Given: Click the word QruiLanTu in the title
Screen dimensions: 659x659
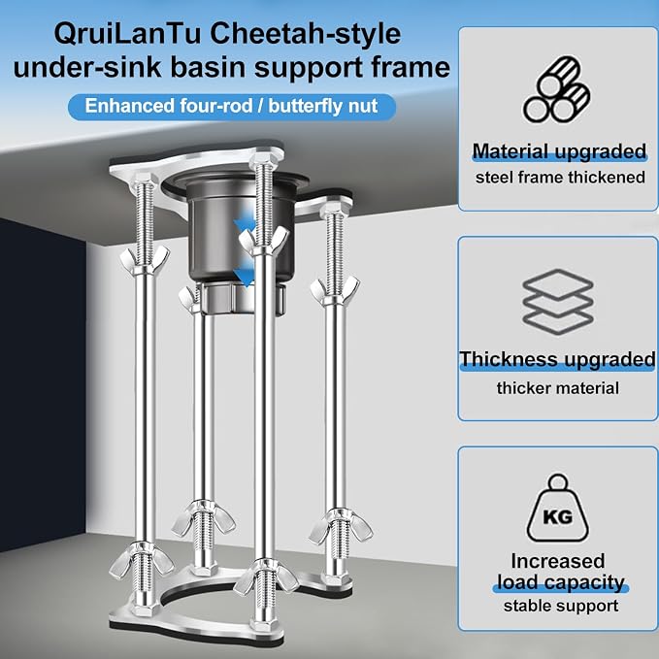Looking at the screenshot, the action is pyautogui.click(x=127, y=34).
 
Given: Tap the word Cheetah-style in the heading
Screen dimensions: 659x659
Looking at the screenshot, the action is pyautogui.click(x=306, y=34).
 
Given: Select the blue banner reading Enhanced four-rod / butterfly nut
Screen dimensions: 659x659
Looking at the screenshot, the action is pyautogui.click(x=232, y=107).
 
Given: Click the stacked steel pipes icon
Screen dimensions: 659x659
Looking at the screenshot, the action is pyautogui.click(x=556, y=89).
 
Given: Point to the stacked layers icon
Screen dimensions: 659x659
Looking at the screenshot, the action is pyautogui.click(x=558, y=301).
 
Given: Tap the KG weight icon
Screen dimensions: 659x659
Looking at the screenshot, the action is pyautogui.click(x=558, y=508).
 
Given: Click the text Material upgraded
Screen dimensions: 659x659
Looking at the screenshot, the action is pyautogui.click(x=559, y=151).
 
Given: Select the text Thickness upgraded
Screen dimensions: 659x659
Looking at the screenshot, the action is pyautogui.click(x=557, y=360).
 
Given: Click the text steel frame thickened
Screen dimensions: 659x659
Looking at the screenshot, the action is pyautogui.click(x=560, y=178).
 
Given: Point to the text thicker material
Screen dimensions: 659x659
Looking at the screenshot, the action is pyautogui.click(x=558, y=388).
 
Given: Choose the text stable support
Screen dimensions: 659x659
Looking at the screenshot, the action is pyautogui.click(x=561, y=606).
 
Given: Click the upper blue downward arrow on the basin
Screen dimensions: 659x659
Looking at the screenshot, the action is pyautogui.click(x=245, y=226).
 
